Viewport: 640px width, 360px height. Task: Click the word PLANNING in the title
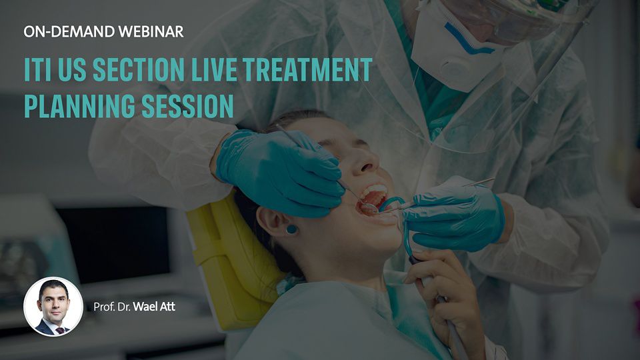coord(79,106)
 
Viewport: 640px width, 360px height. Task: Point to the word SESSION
coord(187,106)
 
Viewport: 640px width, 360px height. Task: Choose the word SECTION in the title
coord(139,69)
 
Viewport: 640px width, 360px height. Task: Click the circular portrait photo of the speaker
coord(53,307)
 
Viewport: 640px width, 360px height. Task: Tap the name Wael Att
coord(154,307)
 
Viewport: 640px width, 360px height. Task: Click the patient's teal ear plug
coord(292,229)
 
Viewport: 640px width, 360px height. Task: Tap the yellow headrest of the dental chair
coord(233,261)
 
